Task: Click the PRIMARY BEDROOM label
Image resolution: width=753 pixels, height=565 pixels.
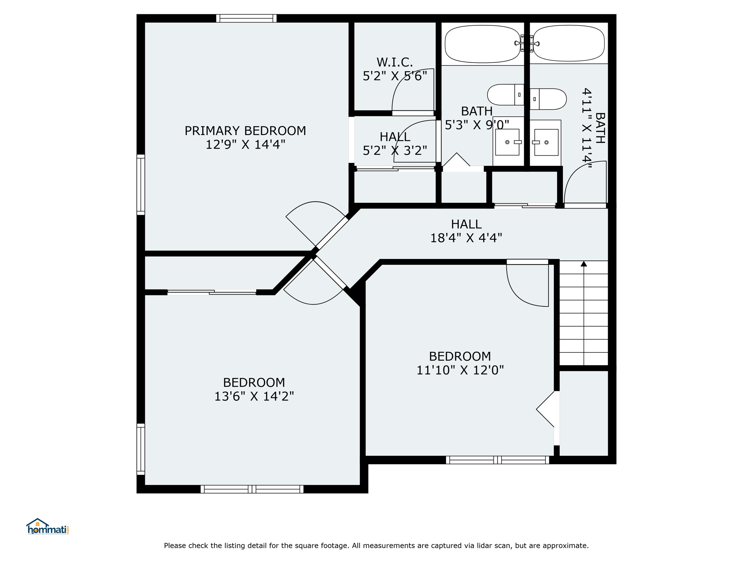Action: pos(245,131)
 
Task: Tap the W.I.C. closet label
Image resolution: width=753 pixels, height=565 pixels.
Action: pos(395,62)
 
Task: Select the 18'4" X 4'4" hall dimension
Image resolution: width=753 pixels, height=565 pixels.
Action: pos(466,238)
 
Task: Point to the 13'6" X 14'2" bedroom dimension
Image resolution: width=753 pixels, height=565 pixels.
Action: pos(254,396)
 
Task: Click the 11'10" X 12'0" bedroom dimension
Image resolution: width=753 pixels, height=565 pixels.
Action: pos(460,370)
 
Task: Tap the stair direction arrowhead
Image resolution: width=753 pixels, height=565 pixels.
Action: pos(584,263)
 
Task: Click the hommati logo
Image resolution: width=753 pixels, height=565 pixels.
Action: pos(47,526)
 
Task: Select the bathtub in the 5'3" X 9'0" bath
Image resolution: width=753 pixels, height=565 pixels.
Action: pos(482,44)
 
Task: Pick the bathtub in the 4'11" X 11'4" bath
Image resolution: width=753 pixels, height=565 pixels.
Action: pos(569,43)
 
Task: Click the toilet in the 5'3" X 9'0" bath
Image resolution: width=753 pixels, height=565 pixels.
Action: pos(506,95)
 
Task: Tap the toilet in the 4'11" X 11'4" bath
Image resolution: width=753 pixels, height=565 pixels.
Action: pos(548,99)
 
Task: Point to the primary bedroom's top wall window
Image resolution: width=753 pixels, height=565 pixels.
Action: pos(246,18)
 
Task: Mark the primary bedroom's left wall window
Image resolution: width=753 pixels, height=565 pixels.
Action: pos(141,185)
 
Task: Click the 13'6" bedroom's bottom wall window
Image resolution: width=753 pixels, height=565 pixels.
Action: pos(252,489)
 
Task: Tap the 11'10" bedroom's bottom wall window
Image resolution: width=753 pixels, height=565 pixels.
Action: pos(497,460)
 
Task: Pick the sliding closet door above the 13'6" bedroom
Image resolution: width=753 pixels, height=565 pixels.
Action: pos(212,292)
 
